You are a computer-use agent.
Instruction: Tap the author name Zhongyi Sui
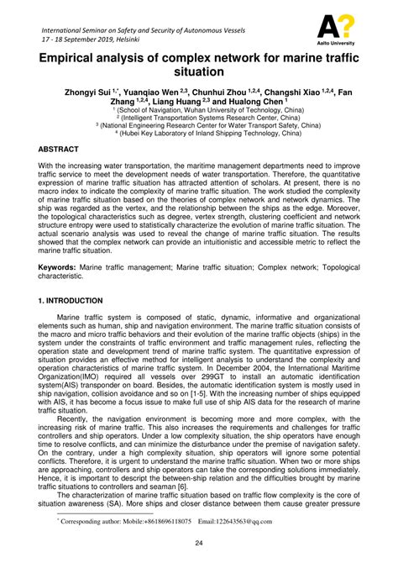pyautogui.click(x=97, y=94)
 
